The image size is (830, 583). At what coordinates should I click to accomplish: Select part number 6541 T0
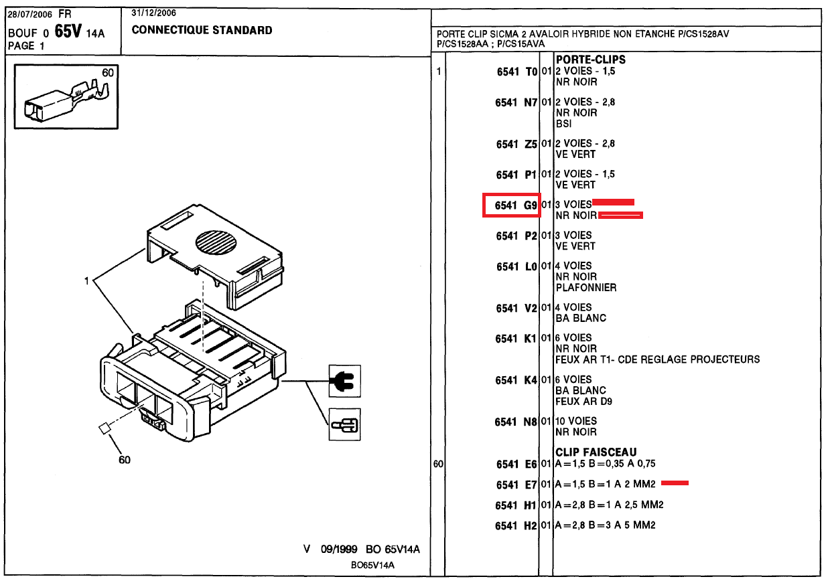click(x=516, y=72)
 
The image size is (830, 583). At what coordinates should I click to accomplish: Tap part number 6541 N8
click(x=516, y=422)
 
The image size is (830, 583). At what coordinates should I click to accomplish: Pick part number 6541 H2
click(x=516, y=526)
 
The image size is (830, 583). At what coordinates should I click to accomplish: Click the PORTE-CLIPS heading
click(x=590, y=60)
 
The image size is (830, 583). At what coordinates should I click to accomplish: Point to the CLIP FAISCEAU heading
click(x=596, y=452)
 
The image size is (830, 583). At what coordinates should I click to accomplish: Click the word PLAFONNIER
click(x=585, y=288)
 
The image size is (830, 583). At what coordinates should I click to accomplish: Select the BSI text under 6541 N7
click(x=563, y=124)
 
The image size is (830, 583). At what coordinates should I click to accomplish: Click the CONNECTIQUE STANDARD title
click(x=202, y=30)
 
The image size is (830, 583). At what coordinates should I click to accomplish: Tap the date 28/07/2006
click(x=29, y=13)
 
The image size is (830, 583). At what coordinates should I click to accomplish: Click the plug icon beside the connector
click(x=344, y=382)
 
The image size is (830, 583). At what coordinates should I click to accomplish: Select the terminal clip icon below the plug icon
click(x=344, y=424)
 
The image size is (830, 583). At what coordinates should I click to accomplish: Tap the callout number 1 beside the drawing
click(x=86, y=281)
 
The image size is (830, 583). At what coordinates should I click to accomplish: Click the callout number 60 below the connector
click(x=125, y=460)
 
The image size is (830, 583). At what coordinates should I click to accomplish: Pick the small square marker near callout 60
click(x=105, y=429)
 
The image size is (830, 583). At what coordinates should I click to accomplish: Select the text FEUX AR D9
click(x=583, y=402)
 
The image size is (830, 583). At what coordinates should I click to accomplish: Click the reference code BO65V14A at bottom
click(x=372, y=565)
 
